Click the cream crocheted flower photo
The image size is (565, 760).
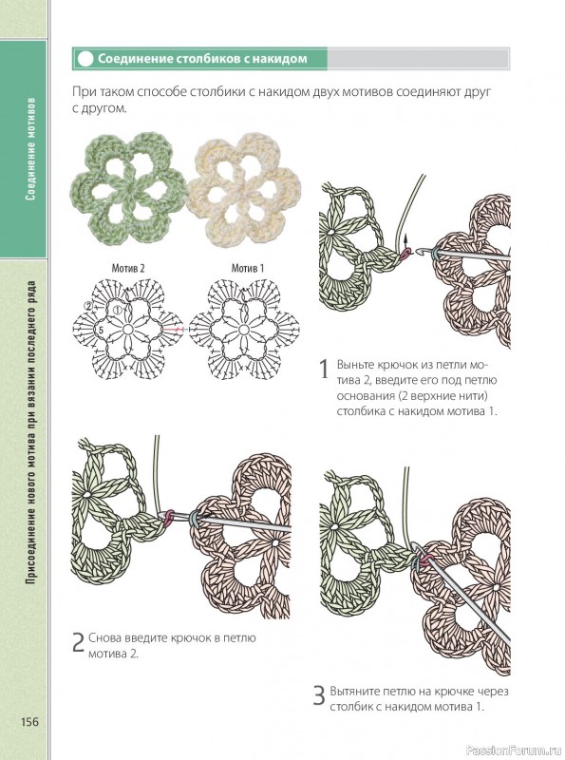pos(244,189)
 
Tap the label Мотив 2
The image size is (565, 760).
pos(128,268)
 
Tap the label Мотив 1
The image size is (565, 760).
pos(248,268)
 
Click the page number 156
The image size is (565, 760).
pos(29,721)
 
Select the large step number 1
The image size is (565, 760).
pos(325,369)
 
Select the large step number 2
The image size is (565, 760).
pos(79,642)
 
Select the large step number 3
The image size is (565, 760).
pos(319,696)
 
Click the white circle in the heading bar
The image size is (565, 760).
pos(85,59)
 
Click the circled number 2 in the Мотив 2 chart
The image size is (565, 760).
pos(87,306)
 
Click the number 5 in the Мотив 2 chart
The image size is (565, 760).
pos(102,330)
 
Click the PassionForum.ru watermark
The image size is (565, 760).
pos(514,750)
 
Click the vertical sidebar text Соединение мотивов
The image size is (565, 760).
pos(30,149)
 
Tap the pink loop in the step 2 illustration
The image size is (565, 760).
pos(169,517)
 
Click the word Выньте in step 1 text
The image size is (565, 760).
pos(355,365)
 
